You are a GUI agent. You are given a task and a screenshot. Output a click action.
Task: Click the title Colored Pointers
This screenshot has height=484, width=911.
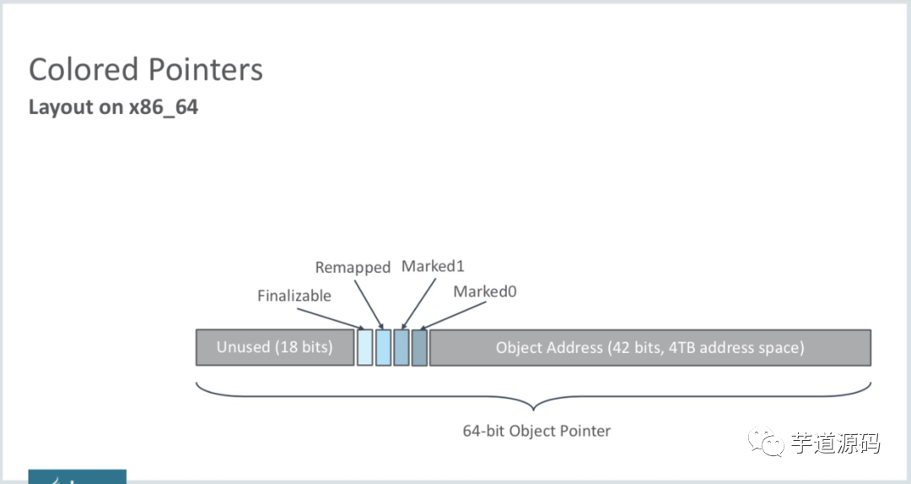146,69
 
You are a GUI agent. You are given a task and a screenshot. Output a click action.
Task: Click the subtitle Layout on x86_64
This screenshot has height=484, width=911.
113,107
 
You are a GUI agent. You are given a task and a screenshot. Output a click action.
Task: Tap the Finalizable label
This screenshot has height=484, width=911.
294,296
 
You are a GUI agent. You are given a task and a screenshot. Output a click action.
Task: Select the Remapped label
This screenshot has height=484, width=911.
353,268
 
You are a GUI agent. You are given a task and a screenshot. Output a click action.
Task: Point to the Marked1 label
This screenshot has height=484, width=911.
433,266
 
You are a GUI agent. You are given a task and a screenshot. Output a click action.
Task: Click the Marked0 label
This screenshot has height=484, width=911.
484,291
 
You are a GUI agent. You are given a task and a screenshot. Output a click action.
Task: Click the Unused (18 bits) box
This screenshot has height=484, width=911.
274,347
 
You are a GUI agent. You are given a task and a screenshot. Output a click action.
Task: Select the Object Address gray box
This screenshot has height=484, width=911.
650,347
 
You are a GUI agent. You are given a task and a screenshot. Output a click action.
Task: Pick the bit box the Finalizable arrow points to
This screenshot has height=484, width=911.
364,347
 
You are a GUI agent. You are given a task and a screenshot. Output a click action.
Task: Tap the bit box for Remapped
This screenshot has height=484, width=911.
383,347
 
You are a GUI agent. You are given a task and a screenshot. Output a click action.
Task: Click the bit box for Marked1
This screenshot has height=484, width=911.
401,347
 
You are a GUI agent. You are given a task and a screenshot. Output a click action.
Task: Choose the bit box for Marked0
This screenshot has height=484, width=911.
419,347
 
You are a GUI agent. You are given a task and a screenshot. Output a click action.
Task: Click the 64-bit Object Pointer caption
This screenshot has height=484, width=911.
536,431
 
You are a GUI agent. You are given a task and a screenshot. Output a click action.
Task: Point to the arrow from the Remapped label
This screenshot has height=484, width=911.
369,303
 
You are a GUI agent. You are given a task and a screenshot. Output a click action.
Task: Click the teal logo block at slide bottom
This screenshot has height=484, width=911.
77,476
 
